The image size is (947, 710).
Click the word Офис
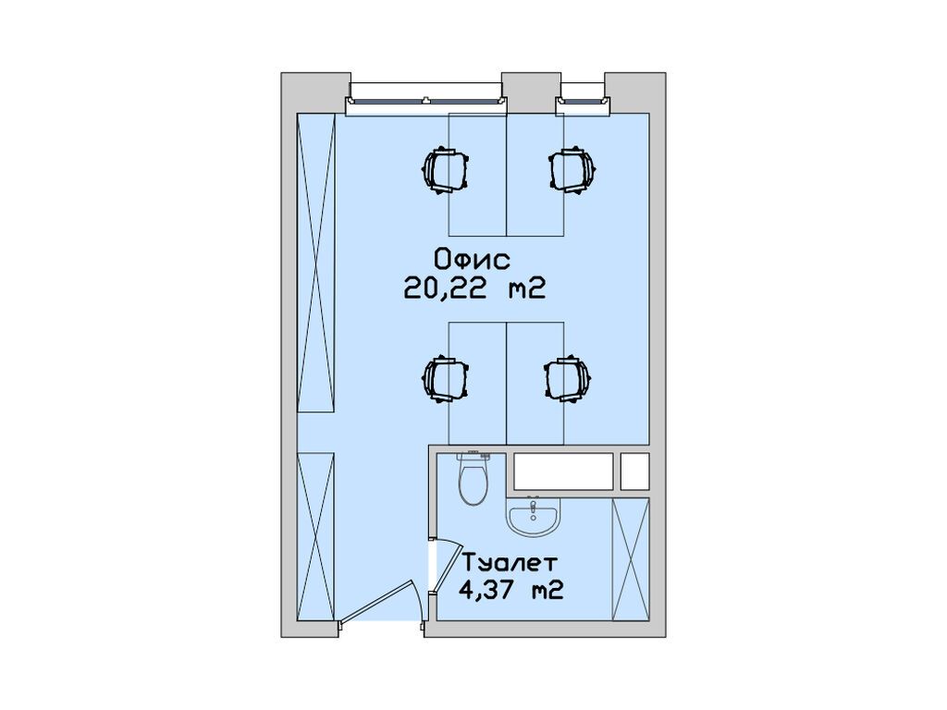point(472,260)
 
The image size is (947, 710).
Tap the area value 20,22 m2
point(472,289)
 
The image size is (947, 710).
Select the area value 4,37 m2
point(510,589)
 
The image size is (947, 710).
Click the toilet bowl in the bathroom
point(473,480)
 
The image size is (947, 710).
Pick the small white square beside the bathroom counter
point(635,471)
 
